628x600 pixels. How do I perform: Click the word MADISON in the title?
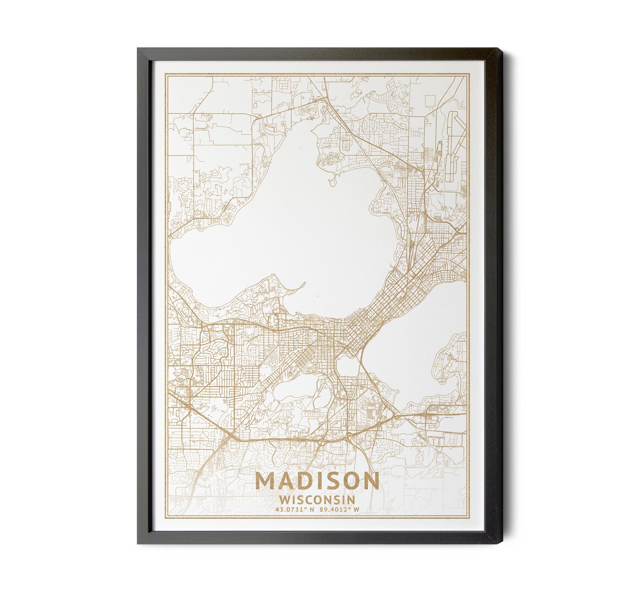coord(317,480)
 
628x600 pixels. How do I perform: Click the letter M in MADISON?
coord(265,480)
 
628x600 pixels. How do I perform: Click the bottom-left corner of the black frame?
coord(138,543)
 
